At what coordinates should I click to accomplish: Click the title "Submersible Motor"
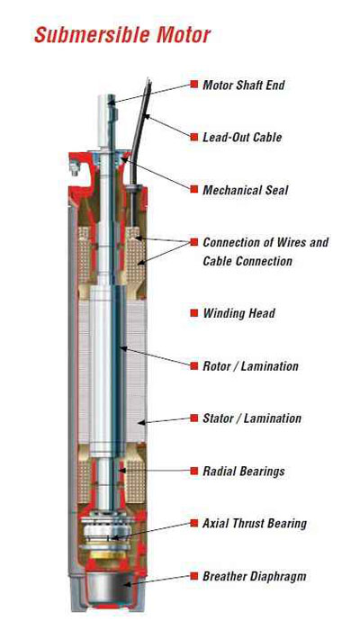[x=122, y=34]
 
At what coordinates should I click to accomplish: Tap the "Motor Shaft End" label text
[x=244, y=85]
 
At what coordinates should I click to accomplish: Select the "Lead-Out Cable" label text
[x=242, y=137]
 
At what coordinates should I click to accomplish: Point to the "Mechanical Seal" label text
[x=245, y=190]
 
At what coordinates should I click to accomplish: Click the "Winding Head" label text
[x=239, y=313]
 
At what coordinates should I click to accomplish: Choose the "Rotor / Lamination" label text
[x=250, y=365]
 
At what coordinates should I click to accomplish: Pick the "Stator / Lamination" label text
[x=252, y=418]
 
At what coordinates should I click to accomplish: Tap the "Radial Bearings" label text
[x=244, y=471]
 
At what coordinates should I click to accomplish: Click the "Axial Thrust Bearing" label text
[x=255, y=523]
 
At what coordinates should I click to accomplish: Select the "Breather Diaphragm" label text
[x=255, y=576]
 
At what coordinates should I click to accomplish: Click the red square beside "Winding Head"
[x=194, y=313]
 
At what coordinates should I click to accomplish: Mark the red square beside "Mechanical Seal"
[x=194, y=189]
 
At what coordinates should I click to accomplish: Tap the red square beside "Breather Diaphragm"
[x=194, y=576]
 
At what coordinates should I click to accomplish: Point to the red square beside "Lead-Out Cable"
[x=194, y=137]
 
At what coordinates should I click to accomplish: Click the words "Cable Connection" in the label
[x=247, y=261]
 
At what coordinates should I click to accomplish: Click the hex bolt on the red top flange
[x=75, y=167]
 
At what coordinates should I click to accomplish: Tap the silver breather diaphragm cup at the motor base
[x=109, y=586]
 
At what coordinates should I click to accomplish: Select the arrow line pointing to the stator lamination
[x=165, y=420]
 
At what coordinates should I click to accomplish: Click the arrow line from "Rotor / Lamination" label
[x=155, y=356]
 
